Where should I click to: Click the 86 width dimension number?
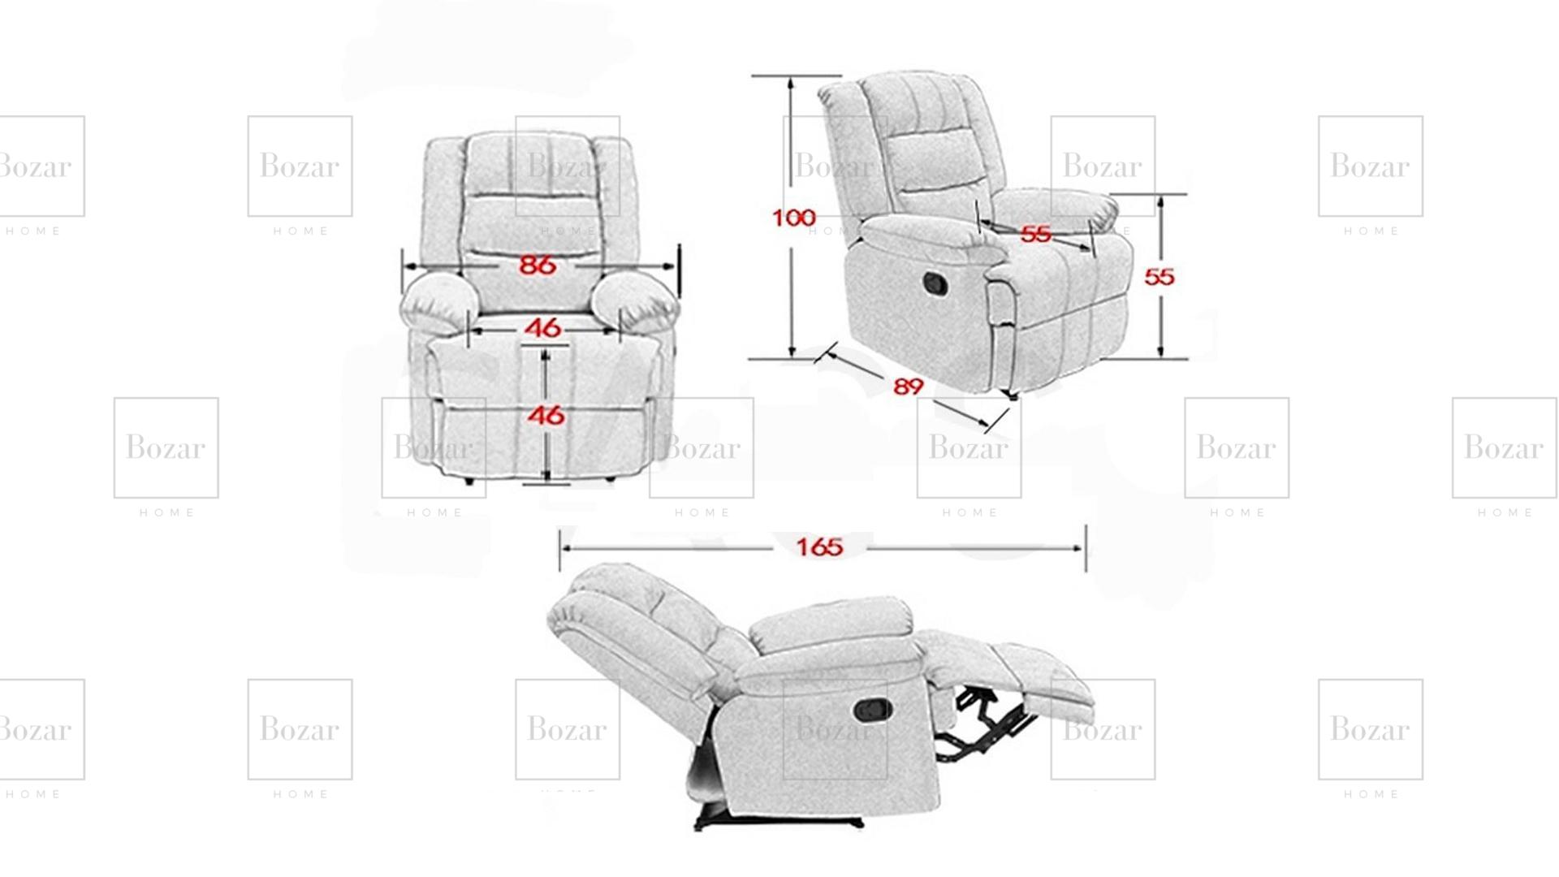coord(538,265)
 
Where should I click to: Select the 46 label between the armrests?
coord(542,327)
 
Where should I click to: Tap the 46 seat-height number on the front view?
coord(546,415)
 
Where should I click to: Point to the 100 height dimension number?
coord(793,218)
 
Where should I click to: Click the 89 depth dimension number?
coord(909,387)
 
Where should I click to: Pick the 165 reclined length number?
coord(819,547)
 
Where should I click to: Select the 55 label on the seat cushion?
coord(1035,234)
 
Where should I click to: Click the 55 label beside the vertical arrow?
coord(1160,277)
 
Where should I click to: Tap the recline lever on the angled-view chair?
coord(935,283)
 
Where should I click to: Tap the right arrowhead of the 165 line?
coord(1077,548)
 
